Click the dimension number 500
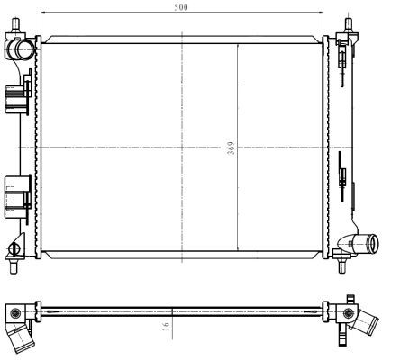point(182,7)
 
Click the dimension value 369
point(232,147)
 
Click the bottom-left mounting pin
point(15,265)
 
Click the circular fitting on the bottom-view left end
point(16,312)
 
